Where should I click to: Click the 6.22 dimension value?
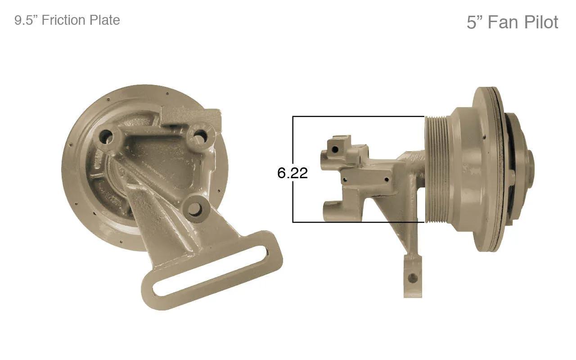[292, 173]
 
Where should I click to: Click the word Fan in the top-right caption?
[504, 22]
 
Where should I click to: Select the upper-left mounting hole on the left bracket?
[106, 136]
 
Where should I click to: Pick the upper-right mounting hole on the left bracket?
[200, 135]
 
